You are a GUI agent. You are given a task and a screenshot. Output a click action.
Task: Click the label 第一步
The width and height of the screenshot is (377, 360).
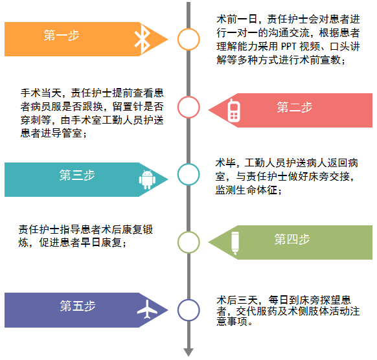62,36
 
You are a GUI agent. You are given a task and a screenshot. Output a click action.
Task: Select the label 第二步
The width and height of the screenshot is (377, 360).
295,107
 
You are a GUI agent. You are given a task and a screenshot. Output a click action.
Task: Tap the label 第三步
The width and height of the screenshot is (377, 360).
77,175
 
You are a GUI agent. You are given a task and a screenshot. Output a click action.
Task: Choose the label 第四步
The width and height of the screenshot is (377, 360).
292,239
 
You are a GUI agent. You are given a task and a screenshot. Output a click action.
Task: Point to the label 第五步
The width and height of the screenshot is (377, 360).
78,306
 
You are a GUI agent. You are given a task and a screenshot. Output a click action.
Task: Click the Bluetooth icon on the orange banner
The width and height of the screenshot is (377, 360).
143,39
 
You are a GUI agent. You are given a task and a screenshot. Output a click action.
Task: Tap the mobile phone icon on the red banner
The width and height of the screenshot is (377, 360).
234,110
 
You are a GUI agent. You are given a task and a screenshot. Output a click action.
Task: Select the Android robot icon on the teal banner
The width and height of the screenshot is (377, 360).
147,179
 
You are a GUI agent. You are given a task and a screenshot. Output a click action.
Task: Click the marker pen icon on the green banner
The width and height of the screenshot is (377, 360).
235,243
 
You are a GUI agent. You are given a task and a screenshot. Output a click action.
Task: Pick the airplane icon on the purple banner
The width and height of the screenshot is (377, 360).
147,309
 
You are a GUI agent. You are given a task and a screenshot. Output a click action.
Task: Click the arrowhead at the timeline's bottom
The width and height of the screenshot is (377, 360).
188,352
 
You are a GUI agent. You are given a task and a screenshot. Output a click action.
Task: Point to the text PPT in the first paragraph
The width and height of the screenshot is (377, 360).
289,47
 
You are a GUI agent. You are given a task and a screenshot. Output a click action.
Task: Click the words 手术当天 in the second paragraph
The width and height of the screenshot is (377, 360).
41,93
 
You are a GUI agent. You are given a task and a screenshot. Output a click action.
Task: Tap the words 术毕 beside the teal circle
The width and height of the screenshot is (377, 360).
225,163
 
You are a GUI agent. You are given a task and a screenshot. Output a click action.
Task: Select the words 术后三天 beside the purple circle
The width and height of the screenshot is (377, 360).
237,300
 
